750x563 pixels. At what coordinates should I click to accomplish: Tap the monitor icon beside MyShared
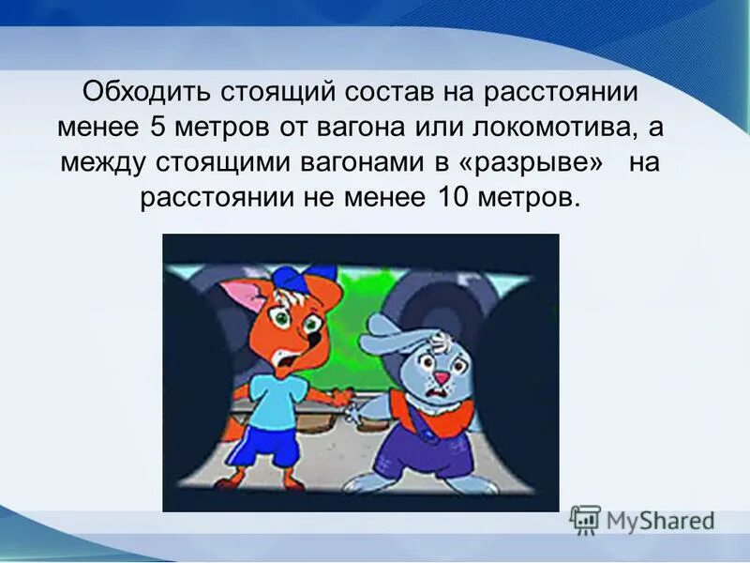pos(585,519)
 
